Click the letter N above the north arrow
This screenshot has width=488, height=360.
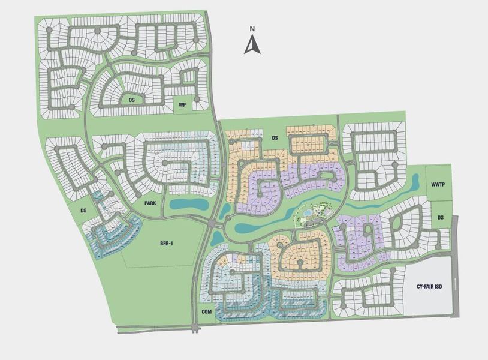tap(253, 28)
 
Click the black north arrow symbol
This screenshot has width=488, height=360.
tap(252, 44)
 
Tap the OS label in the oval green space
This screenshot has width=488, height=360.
tap(132, 100)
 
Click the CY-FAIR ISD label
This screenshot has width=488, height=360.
tap(429, 287)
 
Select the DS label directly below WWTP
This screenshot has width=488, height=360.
tap(441, 218)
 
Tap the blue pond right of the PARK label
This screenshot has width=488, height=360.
tap(186, 205)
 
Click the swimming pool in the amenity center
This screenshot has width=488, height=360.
tap(308, 212)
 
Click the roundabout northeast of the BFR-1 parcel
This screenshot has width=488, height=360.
tap(213, 223)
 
